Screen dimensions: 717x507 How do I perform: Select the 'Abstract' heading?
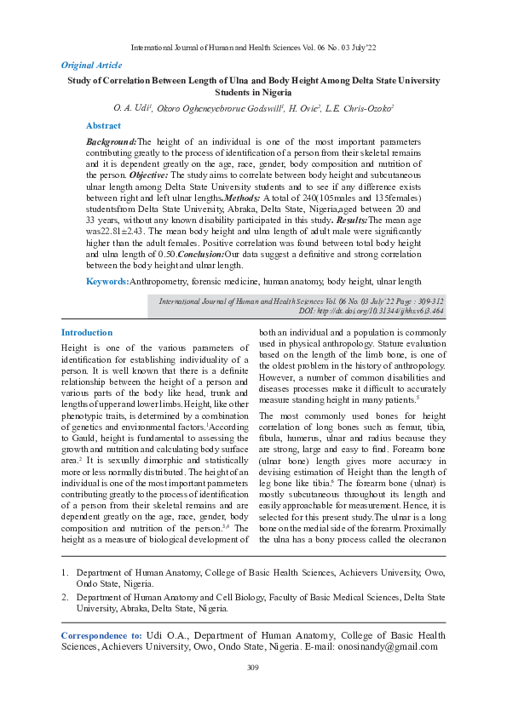click(103, 125)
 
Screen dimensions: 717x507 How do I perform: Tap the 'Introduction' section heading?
click(86, 332)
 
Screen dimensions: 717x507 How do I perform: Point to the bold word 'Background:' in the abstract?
click(112, 141)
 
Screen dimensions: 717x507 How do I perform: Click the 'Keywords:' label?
click(107, 281)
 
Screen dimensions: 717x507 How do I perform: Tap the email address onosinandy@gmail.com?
click(385, 646)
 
